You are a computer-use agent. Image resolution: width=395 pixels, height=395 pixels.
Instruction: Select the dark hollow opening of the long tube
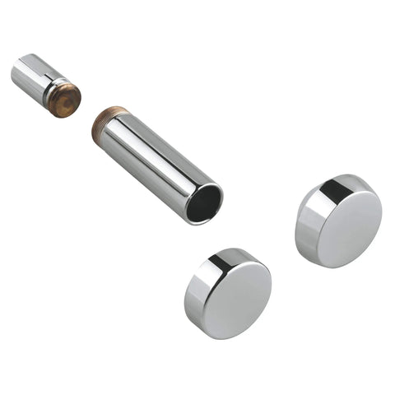203,202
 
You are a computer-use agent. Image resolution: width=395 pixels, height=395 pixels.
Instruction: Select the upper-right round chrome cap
338,220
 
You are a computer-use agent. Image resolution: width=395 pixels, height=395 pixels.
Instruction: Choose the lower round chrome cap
227,293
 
